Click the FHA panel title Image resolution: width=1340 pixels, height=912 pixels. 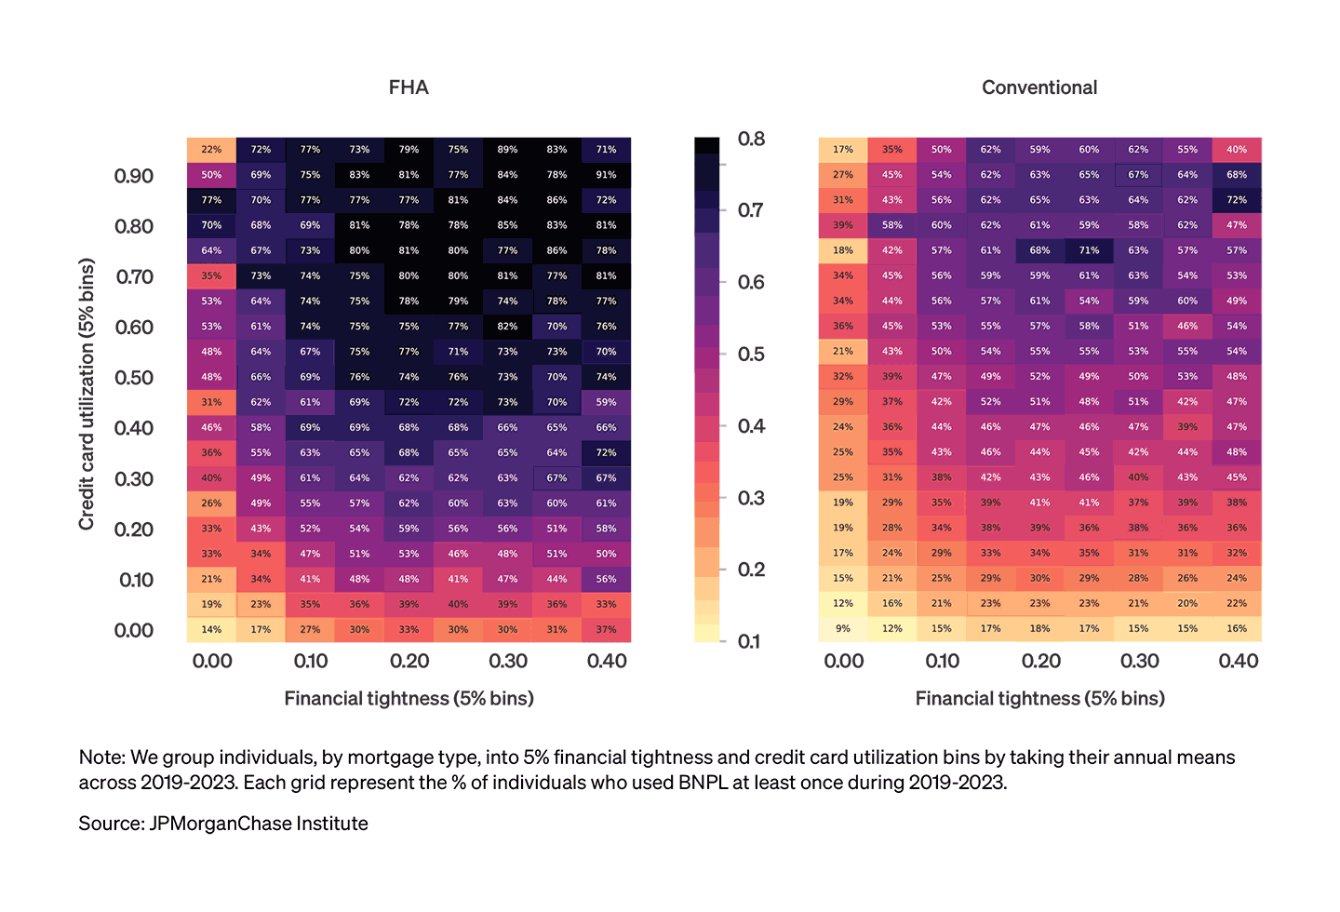(409, 87)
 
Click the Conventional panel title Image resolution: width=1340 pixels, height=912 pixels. (1039, 87)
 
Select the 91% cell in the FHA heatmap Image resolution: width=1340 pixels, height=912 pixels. (606, 175)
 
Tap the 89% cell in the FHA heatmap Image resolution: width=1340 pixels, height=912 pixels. (507, 150)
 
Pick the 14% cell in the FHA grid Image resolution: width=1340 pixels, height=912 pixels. (211, 630)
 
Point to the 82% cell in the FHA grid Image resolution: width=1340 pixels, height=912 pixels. (507, 327)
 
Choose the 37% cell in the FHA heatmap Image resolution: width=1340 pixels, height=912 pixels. (606, 630)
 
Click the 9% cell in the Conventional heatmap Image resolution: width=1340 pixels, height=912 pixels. (843, 629)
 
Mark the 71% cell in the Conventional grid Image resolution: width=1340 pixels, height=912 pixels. (1089, 250)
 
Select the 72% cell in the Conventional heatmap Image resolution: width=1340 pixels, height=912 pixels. (1237, 200)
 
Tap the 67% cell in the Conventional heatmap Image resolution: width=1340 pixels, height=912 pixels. (1138, 175)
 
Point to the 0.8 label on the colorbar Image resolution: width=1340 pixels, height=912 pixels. (751, 140)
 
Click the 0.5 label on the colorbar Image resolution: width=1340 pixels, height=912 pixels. (751, 355)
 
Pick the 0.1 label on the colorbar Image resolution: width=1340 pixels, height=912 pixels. (749, 642)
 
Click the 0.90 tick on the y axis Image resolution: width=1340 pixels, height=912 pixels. (134, 177)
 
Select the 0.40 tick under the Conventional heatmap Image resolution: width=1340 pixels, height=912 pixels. (1238, 662)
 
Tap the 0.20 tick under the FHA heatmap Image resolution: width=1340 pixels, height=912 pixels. (409, 662)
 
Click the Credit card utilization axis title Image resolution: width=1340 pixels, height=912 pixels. (87, 394)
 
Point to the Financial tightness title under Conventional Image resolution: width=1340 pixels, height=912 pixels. (1039, 699)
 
